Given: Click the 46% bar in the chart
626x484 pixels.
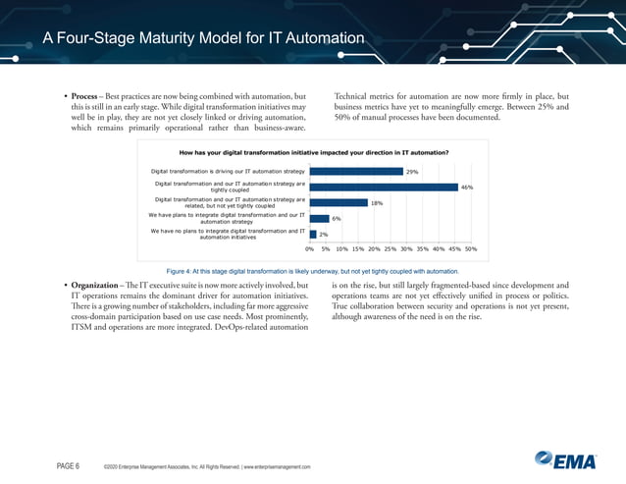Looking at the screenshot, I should [x=384, y=187].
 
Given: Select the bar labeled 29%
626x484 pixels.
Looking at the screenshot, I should [x=356, y=171].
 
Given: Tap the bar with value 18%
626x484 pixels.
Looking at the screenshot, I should [x=339, y=202].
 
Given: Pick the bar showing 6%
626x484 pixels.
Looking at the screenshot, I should [x=319, y=218].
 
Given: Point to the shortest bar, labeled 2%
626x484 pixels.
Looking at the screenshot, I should [x=312, y=234].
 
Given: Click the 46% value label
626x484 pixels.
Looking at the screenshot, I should [x=468, y=187].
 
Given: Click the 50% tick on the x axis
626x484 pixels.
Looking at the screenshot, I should [x=470, y=249].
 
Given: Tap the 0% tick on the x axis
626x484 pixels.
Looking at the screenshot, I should [x=310, y=249].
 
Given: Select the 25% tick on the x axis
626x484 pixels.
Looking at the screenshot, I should [x=390, y=249].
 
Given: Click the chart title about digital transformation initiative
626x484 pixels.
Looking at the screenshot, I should [x=314, y=153].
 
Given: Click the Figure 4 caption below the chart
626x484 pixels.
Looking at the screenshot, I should [x=313, y=270].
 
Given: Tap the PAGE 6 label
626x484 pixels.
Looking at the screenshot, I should [x=68, y=465].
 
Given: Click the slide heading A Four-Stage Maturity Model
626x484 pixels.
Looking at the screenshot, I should [x=204, y=39].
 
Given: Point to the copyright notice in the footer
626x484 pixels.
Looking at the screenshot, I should [x=207, y=466].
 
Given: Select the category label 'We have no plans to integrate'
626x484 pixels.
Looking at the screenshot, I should [x=228, y=234].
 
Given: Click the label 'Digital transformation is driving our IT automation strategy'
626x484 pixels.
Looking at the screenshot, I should [x=228, y=171].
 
